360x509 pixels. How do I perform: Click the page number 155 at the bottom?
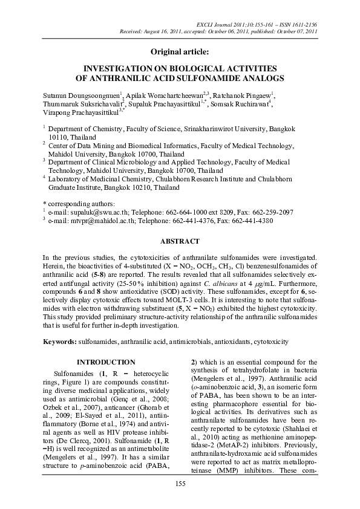180,483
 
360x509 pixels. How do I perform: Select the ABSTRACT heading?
179,241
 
